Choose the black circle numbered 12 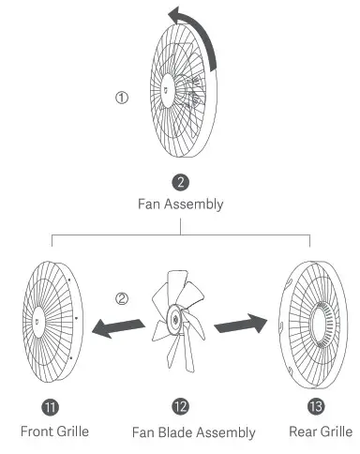click(x=181, y=406)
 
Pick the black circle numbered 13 click(x=317, y=406)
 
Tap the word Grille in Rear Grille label click(x=333, y=431)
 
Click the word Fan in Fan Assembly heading click(x=147, y=204)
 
